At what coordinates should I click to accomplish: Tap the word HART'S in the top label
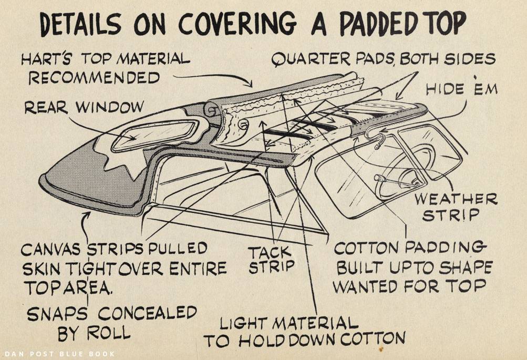click(x=44, y=59)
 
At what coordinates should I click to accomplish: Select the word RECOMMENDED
click(x=94, y=78)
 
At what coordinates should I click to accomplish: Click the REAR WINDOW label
click(x=84, y=107)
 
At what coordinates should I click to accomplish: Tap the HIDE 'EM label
click(x=461, y=89)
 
